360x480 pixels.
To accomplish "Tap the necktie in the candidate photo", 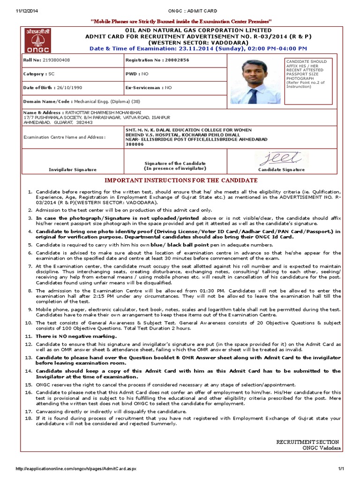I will pos(253,96).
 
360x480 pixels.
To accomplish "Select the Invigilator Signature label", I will pos(73,170).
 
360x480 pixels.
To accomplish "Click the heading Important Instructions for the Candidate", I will pos(180,180).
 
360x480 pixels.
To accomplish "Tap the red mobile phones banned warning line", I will pos(180,22).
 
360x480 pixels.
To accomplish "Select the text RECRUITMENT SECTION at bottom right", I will pos(307,442).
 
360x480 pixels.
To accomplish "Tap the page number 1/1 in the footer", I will pos(341,469).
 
